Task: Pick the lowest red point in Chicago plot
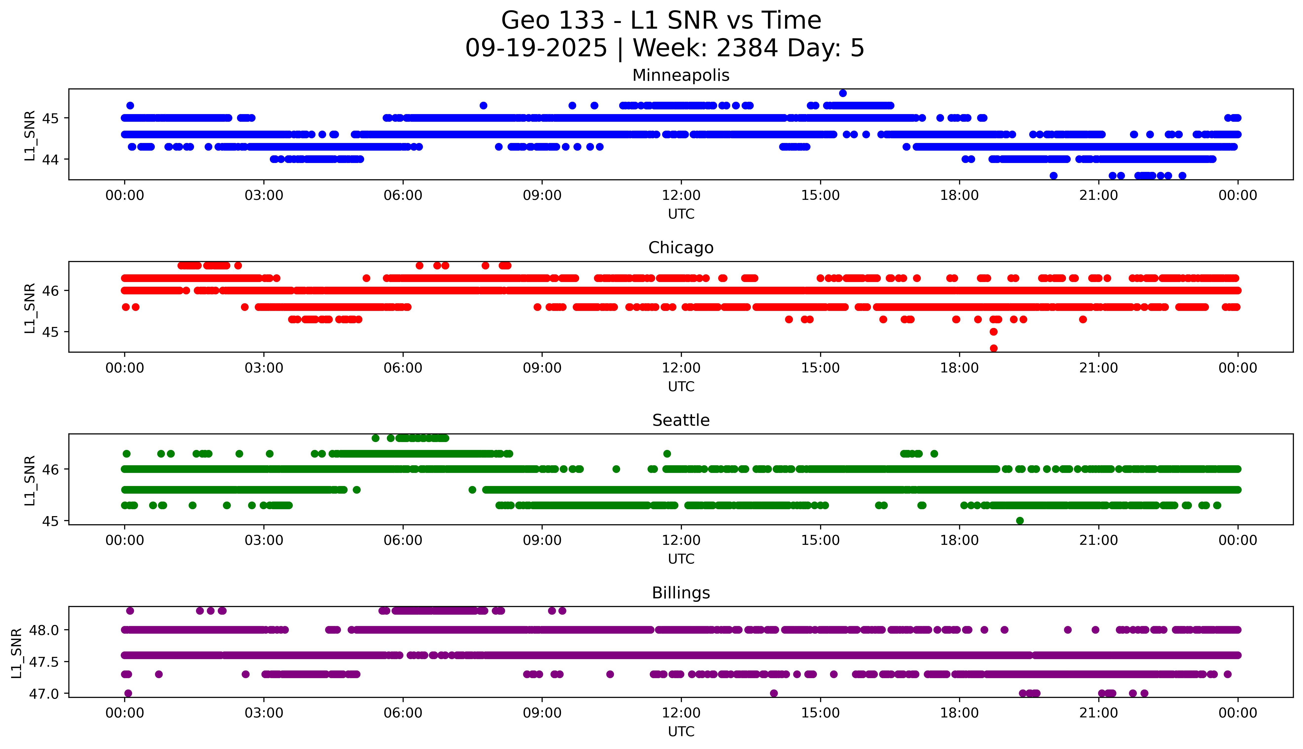(993, 348)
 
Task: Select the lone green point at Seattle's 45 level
(1020, 521)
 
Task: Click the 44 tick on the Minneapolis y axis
(50, 160)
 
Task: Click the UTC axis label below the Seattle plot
(681, 559)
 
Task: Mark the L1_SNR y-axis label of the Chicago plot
(30, 308)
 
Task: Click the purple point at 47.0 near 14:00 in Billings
(773, 693)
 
